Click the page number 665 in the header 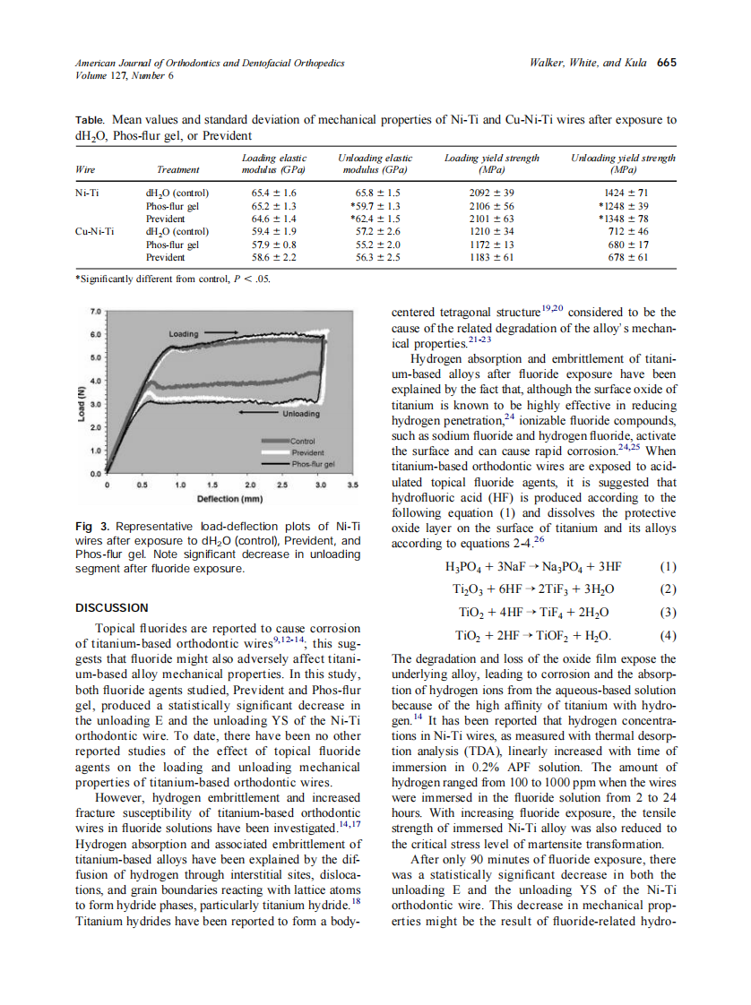coord(666,63)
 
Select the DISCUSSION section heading coord(112,607)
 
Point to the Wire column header coord(85,168)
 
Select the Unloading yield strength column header coord(623,163)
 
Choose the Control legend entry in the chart coord(303,441)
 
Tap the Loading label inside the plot coord(184,333)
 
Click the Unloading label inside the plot coord(301,414)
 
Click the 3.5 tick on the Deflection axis coord(353,485)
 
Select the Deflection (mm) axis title coord(229,497)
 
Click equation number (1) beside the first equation coord(668,567)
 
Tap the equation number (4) coord(668,637)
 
